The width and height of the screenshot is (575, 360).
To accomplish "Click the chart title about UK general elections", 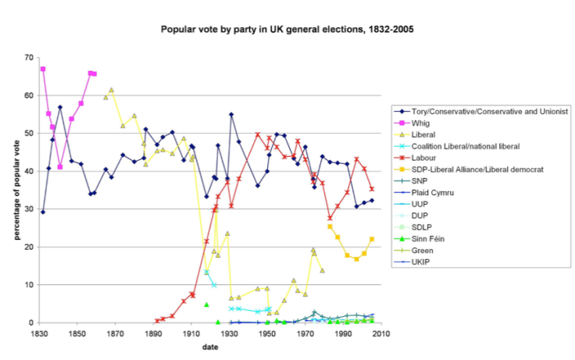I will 287,30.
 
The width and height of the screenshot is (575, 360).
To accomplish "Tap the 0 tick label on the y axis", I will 29,323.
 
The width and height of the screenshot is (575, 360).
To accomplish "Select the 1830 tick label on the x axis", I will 38,333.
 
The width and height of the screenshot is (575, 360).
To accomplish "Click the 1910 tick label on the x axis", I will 191,333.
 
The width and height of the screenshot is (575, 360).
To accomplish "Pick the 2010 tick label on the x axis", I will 383,333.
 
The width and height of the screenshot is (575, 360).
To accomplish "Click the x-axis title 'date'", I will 210,346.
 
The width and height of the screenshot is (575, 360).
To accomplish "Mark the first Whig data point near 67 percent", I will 43,69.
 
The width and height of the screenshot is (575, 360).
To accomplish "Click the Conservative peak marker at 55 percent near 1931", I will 232,115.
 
